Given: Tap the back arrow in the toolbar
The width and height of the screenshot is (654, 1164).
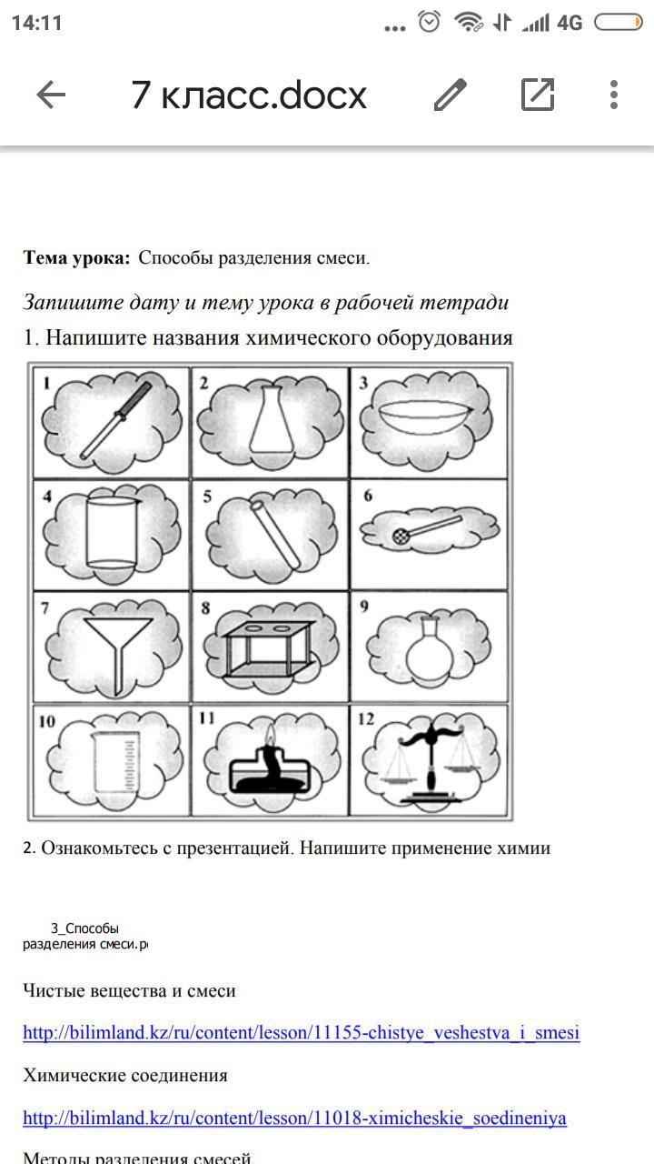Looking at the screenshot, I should pos(51,95).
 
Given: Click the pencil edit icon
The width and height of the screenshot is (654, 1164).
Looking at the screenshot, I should pos(450,95).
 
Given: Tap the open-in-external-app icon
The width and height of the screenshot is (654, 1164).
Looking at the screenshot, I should pos(538,95).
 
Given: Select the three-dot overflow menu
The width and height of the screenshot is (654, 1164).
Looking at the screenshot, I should pos(614,95).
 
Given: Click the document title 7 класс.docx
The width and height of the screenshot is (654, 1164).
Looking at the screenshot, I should pos(249,95).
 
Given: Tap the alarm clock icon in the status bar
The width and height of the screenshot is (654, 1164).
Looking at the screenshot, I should pos(430,22).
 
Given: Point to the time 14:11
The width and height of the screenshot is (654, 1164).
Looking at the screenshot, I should pos(36,23).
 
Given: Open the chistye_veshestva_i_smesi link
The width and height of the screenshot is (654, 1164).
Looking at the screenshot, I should pos(301,1033).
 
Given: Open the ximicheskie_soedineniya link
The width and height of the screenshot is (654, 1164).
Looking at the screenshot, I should pos(294,1118).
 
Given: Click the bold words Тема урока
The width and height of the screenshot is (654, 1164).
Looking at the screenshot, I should pos(77,258).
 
